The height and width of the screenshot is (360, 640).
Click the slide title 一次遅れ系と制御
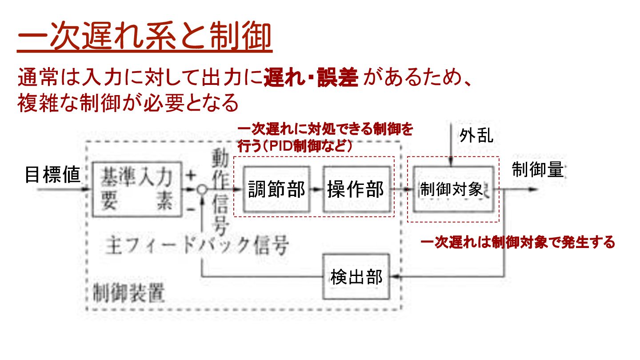pyautogui.click(x=144, y=38)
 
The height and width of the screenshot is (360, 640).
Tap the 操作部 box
pyautogui.click(x=356, y=189)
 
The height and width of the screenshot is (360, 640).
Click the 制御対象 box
pyautogui.click(x=452, y=189)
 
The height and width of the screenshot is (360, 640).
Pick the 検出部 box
pyautogui.click(x=356, y=277)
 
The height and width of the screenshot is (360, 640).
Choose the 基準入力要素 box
pyautogui.click(x=136, y=189)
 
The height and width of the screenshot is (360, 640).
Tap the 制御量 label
pyautogui.click(x=538, y=170)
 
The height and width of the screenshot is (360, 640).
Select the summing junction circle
pyautogui.click(x=202, y=189)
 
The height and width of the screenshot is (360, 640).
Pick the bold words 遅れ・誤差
pyautogui.click(x=311, y=79)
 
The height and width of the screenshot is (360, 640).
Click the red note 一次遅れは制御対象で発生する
pyautogui.click(x=518, y=243)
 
